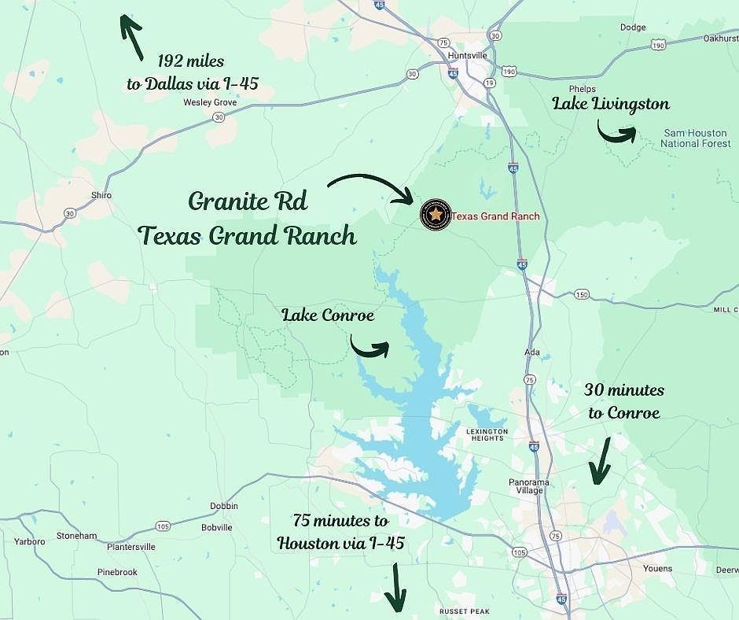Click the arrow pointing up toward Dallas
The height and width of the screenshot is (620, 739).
coord(130,35)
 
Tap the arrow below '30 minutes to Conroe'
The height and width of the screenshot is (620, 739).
coord(601,460)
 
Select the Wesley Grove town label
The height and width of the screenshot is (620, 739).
coord(210,102)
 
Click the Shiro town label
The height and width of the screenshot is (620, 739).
coord(101,195)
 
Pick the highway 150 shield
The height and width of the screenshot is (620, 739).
coord(581,295)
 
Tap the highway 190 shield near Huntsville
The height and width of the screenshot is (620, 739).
coord(509,72)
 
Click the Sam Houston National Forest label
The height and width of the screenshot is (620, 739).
coord(693,138)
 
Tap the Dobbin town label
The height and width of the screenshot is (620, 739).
coord(223,506)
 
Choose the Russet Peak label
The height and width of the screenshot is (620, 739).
coord(464,611)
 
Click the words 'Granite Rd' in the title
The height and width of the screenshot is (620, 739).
coord(248,201)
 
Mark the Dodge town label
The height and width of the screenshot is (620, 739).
coord(633,28)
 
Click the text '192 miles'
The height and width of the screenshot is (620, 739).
coord(191,61)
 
